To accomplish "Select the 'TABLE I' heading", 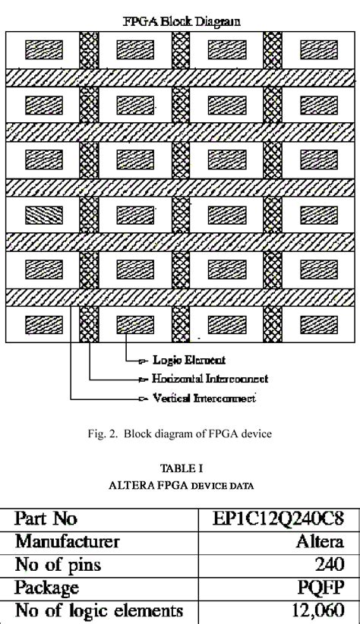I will coord(180,469).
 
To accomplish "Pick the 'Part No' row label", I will coord(46,519).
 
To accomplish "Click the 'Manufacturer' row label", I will coord(68,542).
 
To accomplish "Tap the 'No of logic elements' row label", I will coord(99,610).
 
